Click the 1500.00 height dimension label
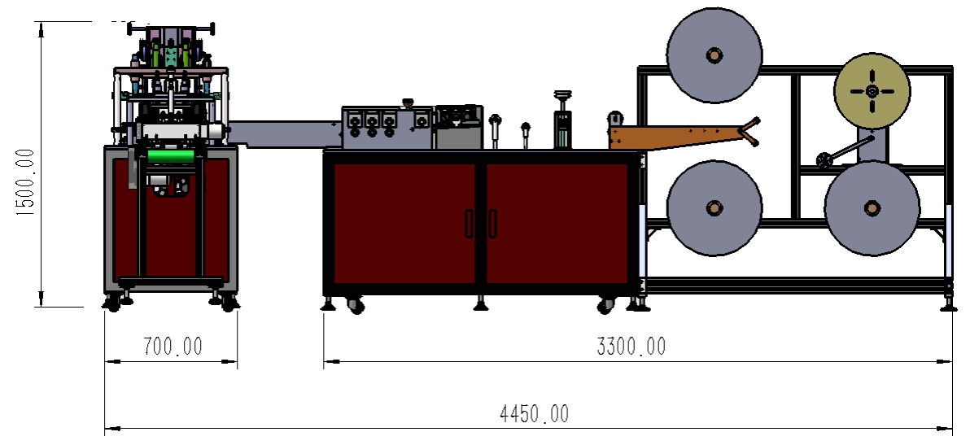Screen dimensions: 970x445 [x=27, y=183]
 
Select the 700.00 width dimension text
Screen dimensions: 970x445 [x=173, y=346]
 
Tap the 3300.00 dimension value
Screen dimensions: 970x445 [x=631, y=346]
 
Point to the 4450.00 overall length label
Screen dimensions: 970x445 [x=534, y=413]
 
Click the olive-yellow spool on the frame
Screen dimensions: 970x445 [x=872, y=91]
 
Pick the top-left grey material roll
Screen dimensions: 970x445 [x=714, y=55]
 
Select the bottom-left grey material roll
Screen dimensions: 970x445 [x=714, y=207]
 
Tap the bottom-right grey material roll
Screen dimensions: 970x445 [x=872, y=207]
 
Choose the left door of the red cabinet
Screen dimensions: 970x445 [x=404, y=223]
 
